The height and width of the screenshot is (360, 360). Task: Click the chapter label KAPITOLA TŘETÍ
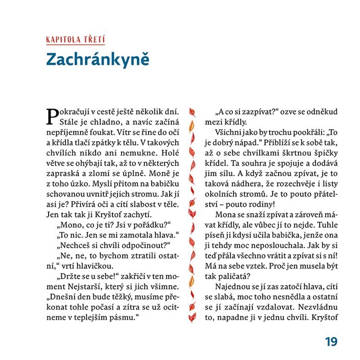click(75, 39)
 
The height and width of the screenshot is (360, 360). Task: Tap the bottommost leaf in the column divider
click(191, 318)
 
